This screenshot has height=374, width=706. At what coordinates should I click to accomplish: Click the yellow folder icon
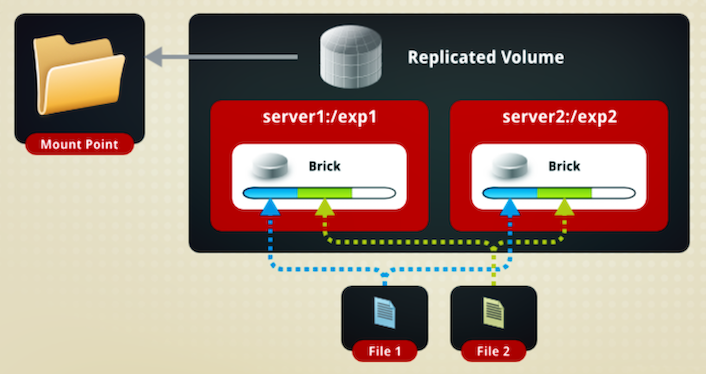pos(79,75)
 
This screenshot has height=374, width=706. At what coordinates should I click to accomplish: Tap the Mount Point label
pos(79,144)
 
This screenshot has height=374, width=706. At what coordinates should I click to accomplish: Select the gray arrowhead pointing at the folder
pos(154,57)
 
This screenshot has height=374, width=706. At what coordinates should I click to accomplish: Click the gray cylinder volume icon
pos(351,56)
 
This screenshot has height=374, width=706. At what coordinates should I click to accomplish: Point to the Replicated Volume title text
pos(485,57)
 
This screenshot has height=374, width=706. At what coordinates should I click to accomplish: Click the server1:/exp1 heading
pos(319,117)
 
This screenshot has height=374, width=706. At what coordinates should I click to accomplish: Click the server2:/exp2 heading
pos(559,117)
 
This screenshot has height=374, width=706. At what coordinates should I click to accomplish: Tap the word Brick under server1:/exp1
pos(325,166)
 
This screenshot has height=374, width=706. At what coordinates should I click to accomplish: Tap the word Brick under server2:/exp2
pos(564,166)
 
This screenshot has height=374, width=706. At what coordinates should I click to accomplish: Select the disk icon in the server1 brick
pos(270,165)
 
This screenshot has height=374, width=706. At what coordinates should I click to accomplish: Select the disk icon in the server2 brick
pos(510,165)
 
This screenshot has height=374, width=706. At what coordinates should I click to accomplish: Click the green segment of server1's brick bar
pos(325,194)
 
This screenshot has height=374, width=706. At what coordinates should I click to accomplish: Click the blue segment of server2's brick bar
pos(510,194)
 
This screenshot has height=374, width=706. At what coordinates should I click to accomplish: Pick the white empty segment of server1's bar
pos(374,194)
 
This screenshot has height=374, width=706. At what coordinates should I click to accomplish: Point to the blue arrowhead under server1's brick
pos(270,207)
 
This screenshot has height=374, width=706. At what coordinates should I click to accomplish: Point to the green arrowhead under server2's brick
pos(564,207)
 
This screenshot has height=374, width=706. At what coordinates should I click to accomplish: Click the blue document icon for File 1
pos(385,313)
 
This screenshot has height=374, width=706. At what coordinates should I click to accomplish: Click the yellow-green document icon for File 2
pos(493,313)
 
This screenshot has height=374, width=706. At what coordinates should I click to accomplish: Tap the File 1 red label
pos(385,351)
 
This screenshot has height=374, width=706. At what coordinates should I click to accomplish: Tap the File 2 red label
pos(493,351)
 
